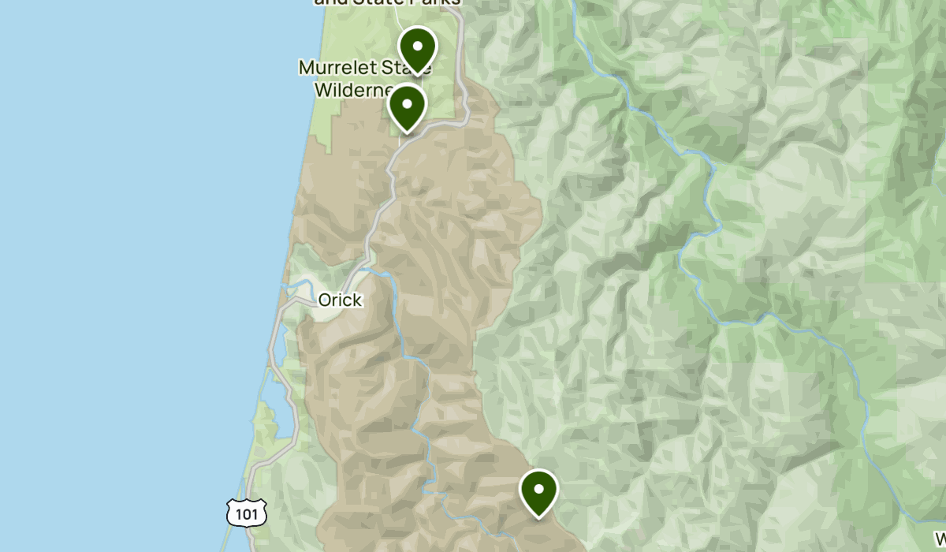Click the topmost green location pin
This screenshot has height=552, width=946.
(x=417, y=47)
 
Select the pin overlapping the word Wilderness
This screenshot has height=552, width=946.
(x=407, y=106)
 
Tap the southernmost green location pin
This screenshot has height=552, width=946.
(x=539, y=490)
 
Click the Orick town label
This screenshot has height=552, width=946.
(x=340, y=300)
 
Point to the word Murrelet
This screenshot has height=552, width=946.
(x=335, y=68)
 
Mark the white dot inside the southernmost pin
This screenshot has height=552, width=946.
(x=539, y=488)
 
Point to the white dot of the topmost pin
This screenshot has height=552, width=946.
(x=417, y=45)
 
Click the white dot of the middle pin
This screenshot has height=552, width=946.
(x=407, y=103)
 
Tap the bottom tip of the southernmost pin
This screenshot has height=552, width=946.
(x=539, y=517)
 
